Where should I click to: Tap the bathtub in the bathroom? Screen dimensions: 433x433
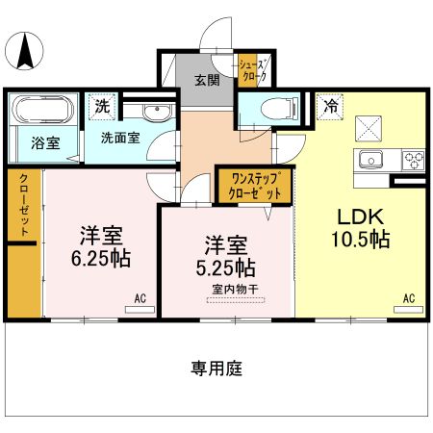[x=40, y=111]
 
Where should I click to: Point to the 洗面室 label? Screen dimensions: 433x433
[x=120, y=137]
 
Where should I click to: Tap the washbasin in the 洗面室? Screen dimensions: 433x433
[x=149, y=112]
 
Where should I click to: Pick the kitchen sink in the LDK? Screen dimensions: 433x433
[x=371, y=159]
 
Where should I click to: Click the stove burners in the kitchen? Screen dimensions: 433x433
[x=415, y=159]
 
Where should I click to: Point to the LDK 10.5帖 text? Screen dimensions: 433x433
[x=361, y=227]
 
